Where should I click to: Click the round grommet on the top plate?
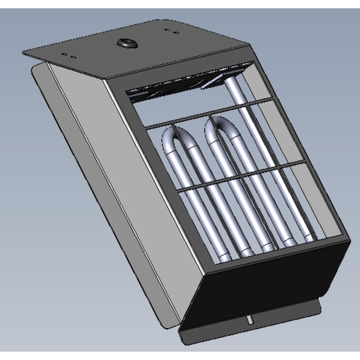(x=127, y=44)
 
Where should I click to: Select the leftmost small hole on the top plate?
(x=64, y=55)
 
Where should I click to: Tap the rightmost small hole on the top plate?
(x=176, y=33)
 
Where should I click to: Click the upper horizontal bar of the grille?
(x=211, y=116)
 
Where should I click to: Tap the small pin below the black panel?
(x=250, y=320)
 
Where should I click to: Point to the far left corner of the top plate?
(x=24, y=52)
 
